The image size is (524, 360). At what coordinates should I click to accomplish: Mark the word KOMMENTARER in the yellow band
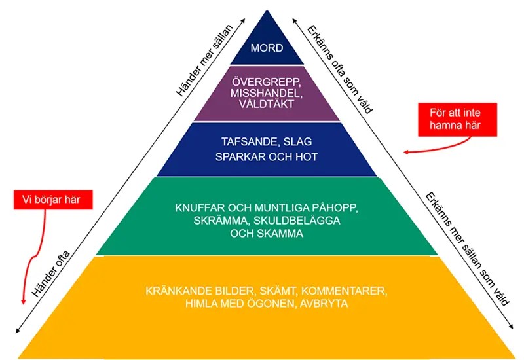click(343, 290)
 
